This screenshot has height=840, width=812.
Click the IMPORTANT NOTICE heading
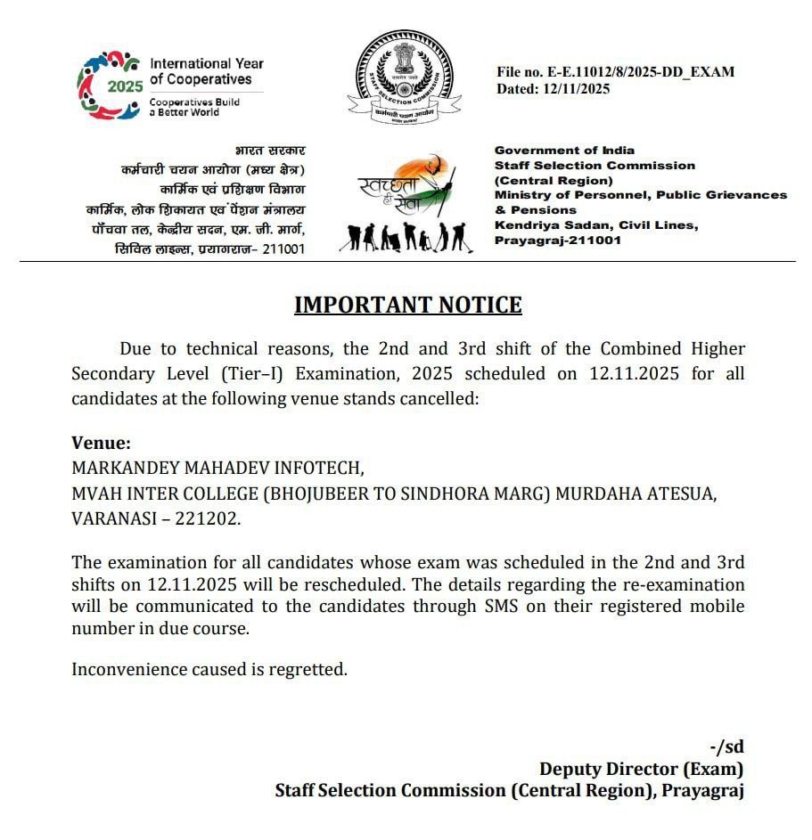pos(407,305)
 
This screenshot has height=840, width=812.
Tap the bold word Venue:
pos(101,443)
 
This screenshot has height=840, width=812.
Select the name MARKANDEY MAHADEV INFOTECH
pos(217,468)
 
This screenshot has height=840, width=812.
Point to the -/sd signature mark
pos(726,746)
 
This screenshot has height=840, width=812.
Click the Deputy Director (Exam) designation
pos(641,769)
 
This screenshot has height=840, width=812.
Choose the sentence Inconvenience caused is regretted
pos(209,668)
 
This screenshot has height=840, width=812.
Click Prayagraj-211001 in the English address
pos(558,241)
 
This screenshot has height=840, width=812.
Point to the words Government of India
pos(564,151)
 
